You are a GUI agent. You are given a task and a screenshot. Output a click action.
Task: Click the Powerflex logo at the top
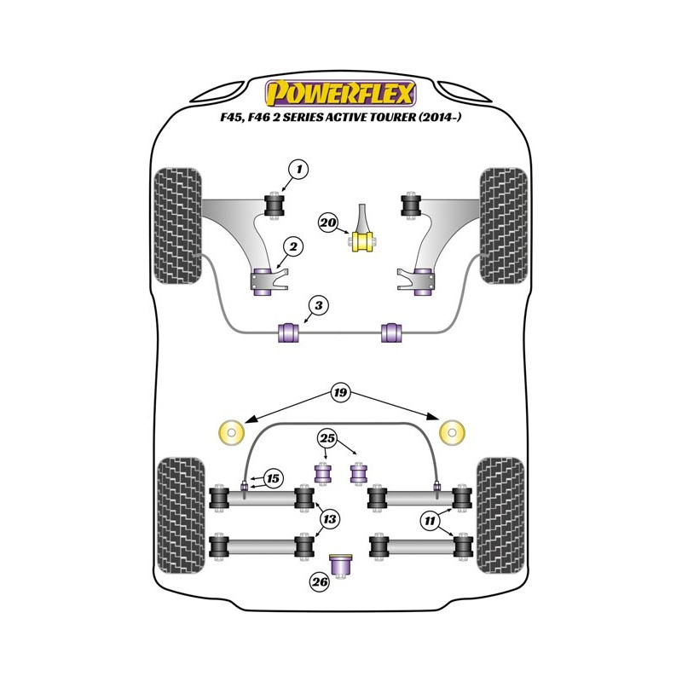[341, 91]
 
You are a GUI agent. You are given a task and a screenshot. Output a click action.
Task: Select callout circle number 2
[292, 247]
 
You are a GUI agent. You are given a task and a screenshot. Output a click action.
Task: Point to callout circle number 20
[327, 223]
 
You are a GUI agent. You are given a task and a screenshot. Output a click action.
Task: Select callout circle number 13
[327, 517]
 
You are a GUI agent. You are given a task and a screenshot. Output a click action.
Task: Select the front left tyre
[177, 226]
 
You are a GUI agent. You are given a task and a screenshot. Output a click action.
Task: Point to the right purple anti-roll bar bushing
[393, 331]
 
